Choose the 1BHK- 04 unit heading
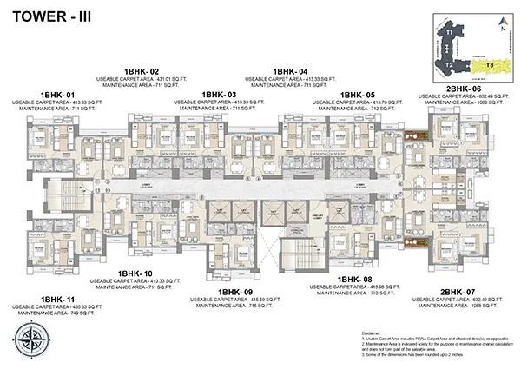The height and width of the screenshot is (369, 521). [290, 72]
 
